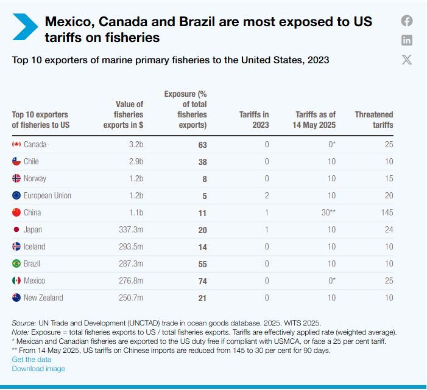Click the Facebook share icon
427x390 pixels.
pos(407,21)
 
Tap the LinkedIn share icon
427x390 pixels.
pos(407,40)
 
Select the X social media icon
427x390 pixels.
pos(407,59)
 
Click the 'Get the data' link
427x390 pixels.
pos(31,360)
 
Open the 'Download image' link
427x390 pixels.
pos(38,369)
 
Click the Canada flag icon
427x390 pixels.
pos(16,145)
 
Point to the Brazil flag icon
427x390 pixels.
pos(16,264)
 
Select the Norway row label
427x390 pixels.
pos(35,179)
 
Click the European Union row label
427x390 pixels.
pos(47,196)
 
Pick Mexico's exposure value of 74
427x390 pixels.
pos(202,281)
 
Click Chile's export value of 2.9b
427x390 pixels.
pos(135,162)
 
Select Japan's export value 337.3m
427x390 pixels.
pos(131,230)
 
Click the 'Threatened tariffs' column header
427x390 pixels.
pos(374,119)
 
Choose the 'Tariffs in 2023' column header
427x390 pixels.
pos(254,119)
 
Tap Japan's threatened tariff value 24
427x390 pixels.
pos(389,230)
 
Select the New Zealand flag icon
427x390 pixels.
pos(16,298)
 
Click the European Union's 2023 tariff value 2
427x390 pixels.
pos(266,196)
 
